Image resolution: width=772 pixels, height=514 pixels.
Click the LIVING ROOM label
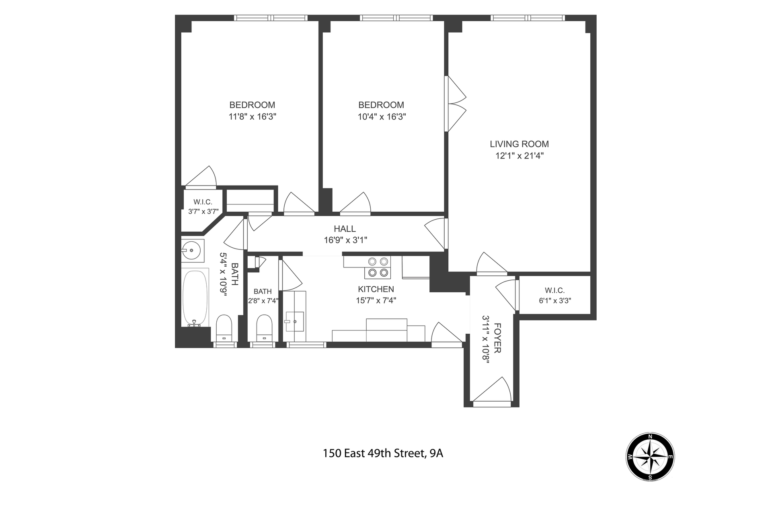pos(519,144)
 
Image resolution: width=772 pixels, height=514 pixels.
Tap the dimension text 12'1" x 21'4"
pos(519,156)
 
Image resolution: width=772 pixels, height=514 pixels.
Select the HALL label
pos(345,228)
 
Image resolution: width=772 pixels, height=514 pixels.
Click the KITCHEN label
pos(376,289)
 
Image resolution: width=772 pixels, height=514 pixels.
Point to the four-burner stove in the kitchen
pos(378,267)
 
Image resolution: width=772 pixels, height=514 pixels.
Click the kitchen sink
pos(295,321)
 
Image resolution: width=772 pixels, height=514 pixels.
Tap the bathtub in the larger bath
pos(195,298)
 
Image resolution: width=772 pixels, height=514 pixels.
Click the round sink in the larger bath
pos(193,250)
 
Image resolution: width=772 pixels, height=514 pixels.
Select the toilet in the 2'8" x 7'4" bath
pos(264,327)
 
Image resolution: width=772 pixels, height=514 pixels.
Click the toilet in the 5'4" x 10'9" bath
pos(224,328)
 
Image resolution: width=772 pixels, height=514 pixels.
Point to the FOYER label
pos(497,338)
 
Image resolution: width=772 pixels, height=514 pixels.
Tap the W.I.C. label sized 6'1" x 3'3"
pos(555,290)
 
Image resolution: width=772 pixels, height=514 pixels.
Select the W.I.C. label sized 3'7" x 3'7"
pos(203,202)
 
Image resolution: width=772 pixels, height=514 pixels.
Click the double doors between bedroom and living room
pos(456,104)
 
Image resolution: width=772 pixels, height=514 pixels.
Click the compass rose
pos(650,457)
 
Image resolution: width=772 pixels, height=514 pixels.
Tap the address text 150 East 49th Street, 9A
pos(383,453)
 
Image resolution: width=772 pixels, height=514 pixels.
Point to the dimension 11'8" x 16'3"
pos(253,117)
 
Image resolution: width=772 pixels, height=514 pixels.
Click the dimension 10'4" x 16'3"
pos(382,117)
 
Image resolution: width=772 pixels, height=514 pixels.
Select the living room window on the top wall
pos(528,18)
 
